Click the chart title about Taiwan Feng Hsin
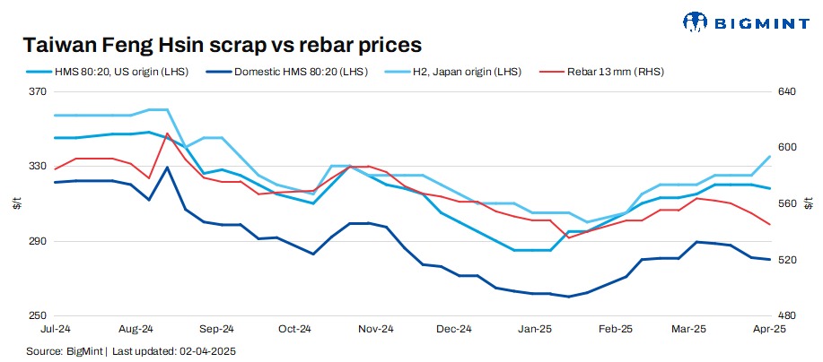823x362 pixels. tap(222, 44)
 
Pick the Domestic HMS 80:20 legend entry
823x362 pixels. tap(295, 71)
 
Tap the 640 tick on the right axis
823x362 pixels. tap(786, 91)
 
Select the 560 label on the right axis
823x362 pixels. tap(786, 203)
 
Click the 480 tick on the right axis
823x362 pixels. tap(786, 316)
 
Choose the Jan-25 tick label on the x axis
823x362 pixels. tap(535, 330)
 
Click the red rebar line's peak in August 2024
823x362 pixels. tap(167, 134)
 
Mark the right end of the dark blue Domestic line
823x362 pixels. tap(770, 260)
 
